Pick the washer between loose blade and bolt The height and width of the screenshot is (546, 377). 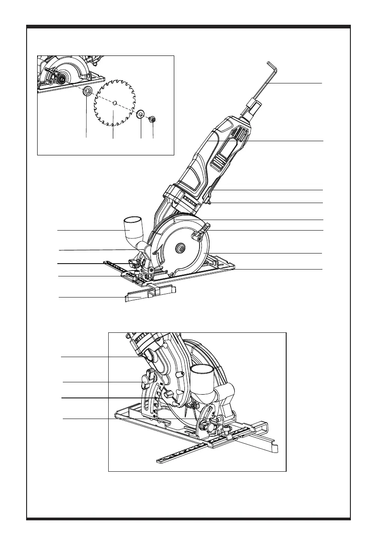click(140, 114)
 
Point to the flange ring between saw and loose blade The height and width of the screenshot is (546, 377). click(86, 92)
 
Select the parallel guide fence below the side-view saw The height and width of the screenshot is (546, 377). click(149, 293)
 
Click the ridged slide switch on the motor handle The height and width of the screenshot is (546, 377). click(219, 161)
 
